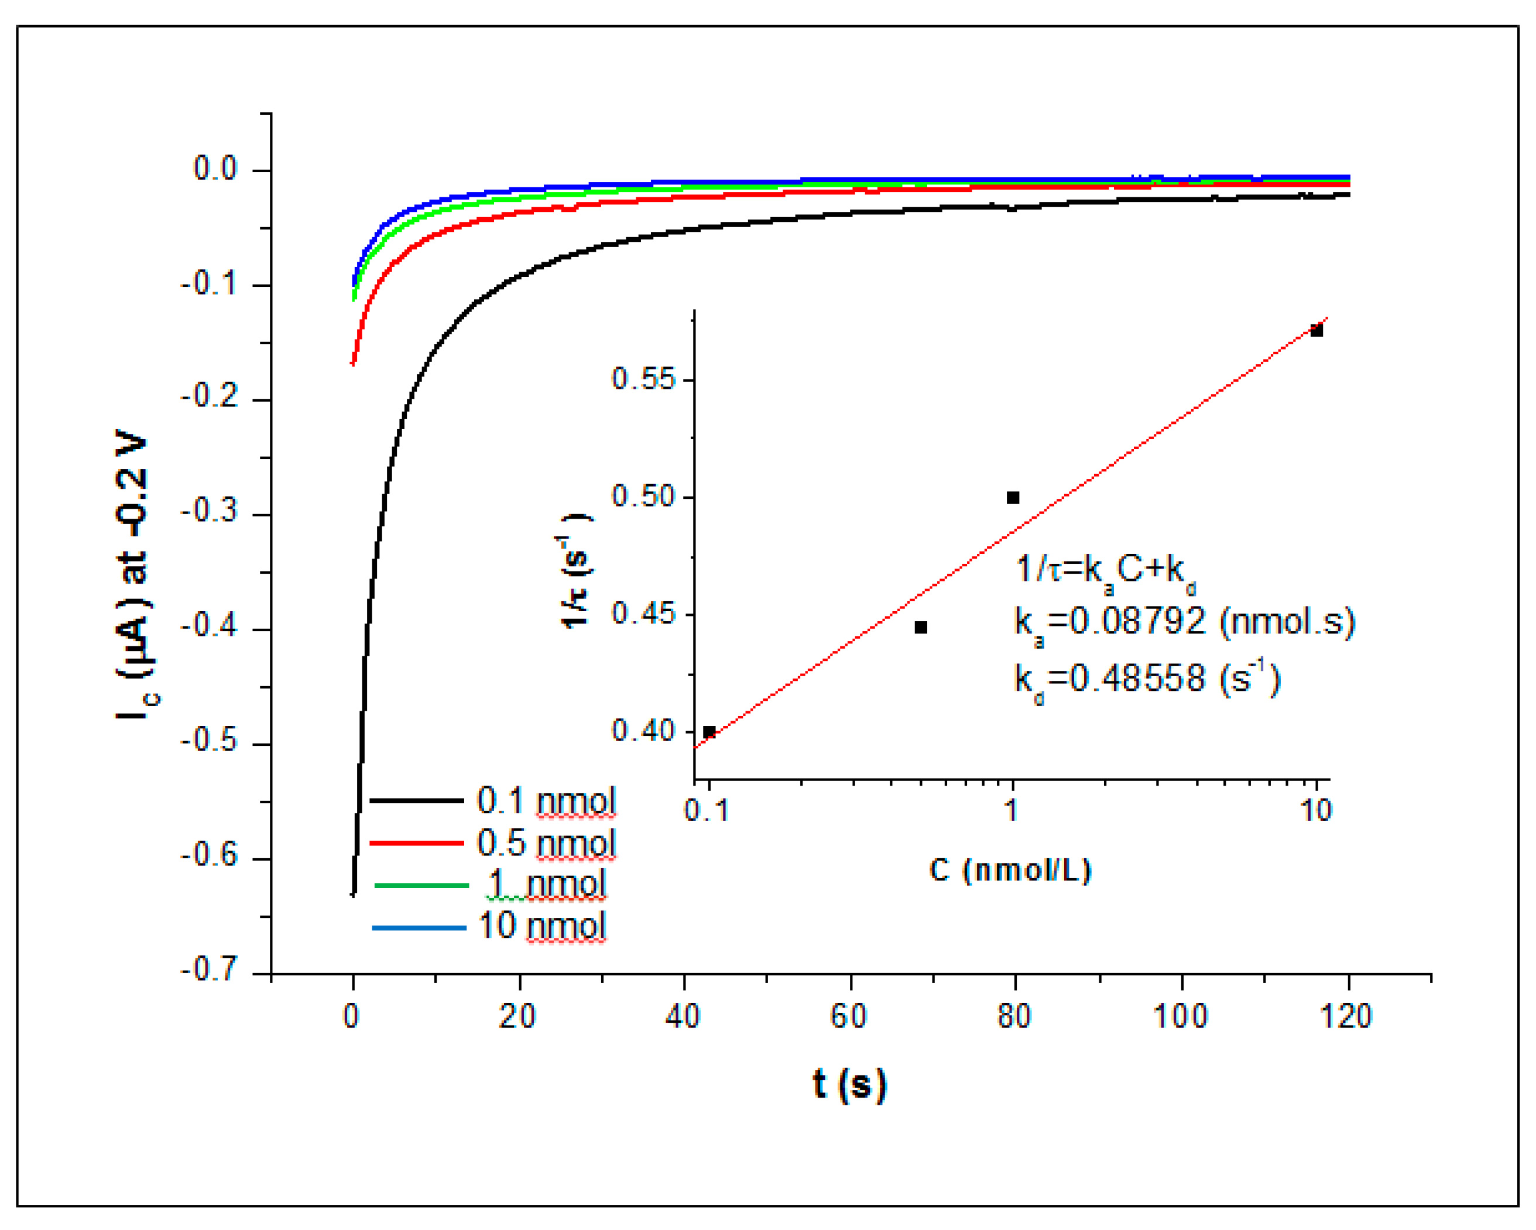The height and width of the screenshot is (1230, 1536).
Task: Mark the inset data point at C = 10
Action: [x=1316, y=331]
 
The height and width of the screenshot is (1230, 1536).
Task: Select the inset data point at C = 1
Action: [x=1012, y=498]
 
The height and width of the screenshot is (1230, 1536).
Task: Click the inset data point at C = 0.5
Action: [x=920, y=627]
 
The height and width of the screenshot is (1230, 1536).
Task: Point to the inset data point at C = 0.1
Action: [x=709, y=732]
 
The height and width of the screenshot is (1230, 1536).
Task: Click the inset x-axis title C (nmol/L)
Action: [x=1010, y=871]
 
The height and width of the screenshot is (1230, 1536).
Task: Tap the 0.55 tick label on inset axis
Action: [x=643, y=379]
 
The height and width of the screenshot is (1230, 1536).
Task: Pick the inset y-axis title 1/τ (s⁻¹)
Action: [x=575, y=571]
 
